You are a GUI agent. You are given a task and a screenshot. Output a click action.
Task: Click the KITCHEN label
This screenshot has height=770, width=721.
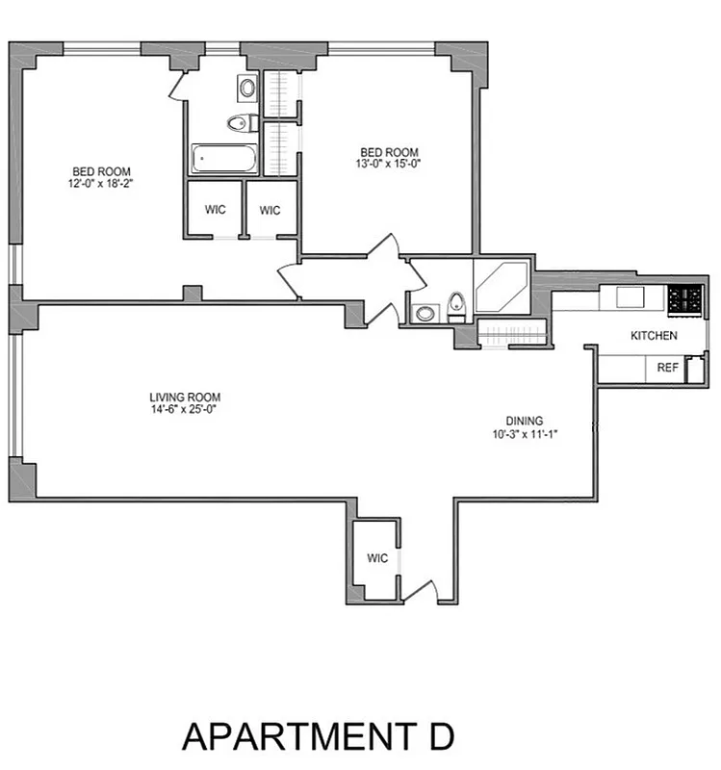tap(654, 336)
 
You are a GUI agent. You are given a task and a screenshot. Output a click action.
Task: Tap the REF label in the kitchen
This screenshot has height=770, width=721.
tap(667, 367)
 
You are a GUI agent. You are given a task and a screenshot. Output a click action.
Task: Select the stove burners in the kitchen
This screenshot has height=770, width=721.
tap(685, 298)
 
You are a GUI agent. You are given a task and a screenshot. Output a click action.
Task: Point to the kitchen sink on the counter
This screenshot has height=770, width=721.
tap(631, 295)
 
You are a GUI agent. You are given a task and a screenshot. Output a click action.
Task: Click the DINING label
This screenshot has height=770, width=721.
tap(525, 420)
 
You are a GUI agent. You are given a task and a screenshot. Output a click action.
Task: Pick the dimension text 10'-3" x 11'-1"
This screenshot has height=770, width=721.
tap(525, 433)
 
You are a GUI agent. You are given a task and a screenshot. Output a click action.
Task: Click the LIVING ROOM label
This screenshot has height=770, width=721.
tap(185, 397)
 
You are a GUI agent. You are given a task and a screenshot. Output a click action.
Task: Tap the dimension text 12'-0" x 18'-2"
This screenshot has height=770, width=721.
tap(99, 182)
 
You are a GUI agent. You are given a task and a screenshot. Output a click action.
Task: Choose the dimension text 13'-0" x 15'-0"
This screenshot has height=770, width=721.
tap(390, 164)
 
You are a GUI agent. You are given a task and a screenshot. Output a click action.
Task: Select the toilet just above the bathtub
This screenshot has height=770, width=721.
tap(239, 122)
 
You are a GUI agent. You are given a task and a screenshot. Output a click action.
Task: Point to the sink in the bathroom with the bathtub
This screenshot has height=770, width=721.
tap(246, 90)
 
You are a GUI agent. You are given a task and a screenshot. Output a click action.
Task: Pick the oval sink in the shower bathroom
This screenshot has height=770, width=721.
tap(425, 313)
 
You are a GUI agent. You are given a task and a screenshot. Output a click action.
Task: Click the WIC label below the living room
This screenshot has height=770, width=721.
tap(375, 558)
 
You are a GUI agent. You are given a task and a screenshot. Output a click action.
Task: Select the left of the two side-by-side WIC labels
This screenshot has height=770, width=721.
tap(214, 210)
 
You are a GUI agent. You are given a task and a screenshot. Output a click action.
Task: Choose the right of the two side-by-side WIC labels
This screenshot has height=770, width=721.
tap(270, 210)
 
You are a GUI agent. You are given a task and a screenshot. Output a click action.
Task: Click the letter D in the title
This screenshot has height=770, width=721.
tap(435, 736)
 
